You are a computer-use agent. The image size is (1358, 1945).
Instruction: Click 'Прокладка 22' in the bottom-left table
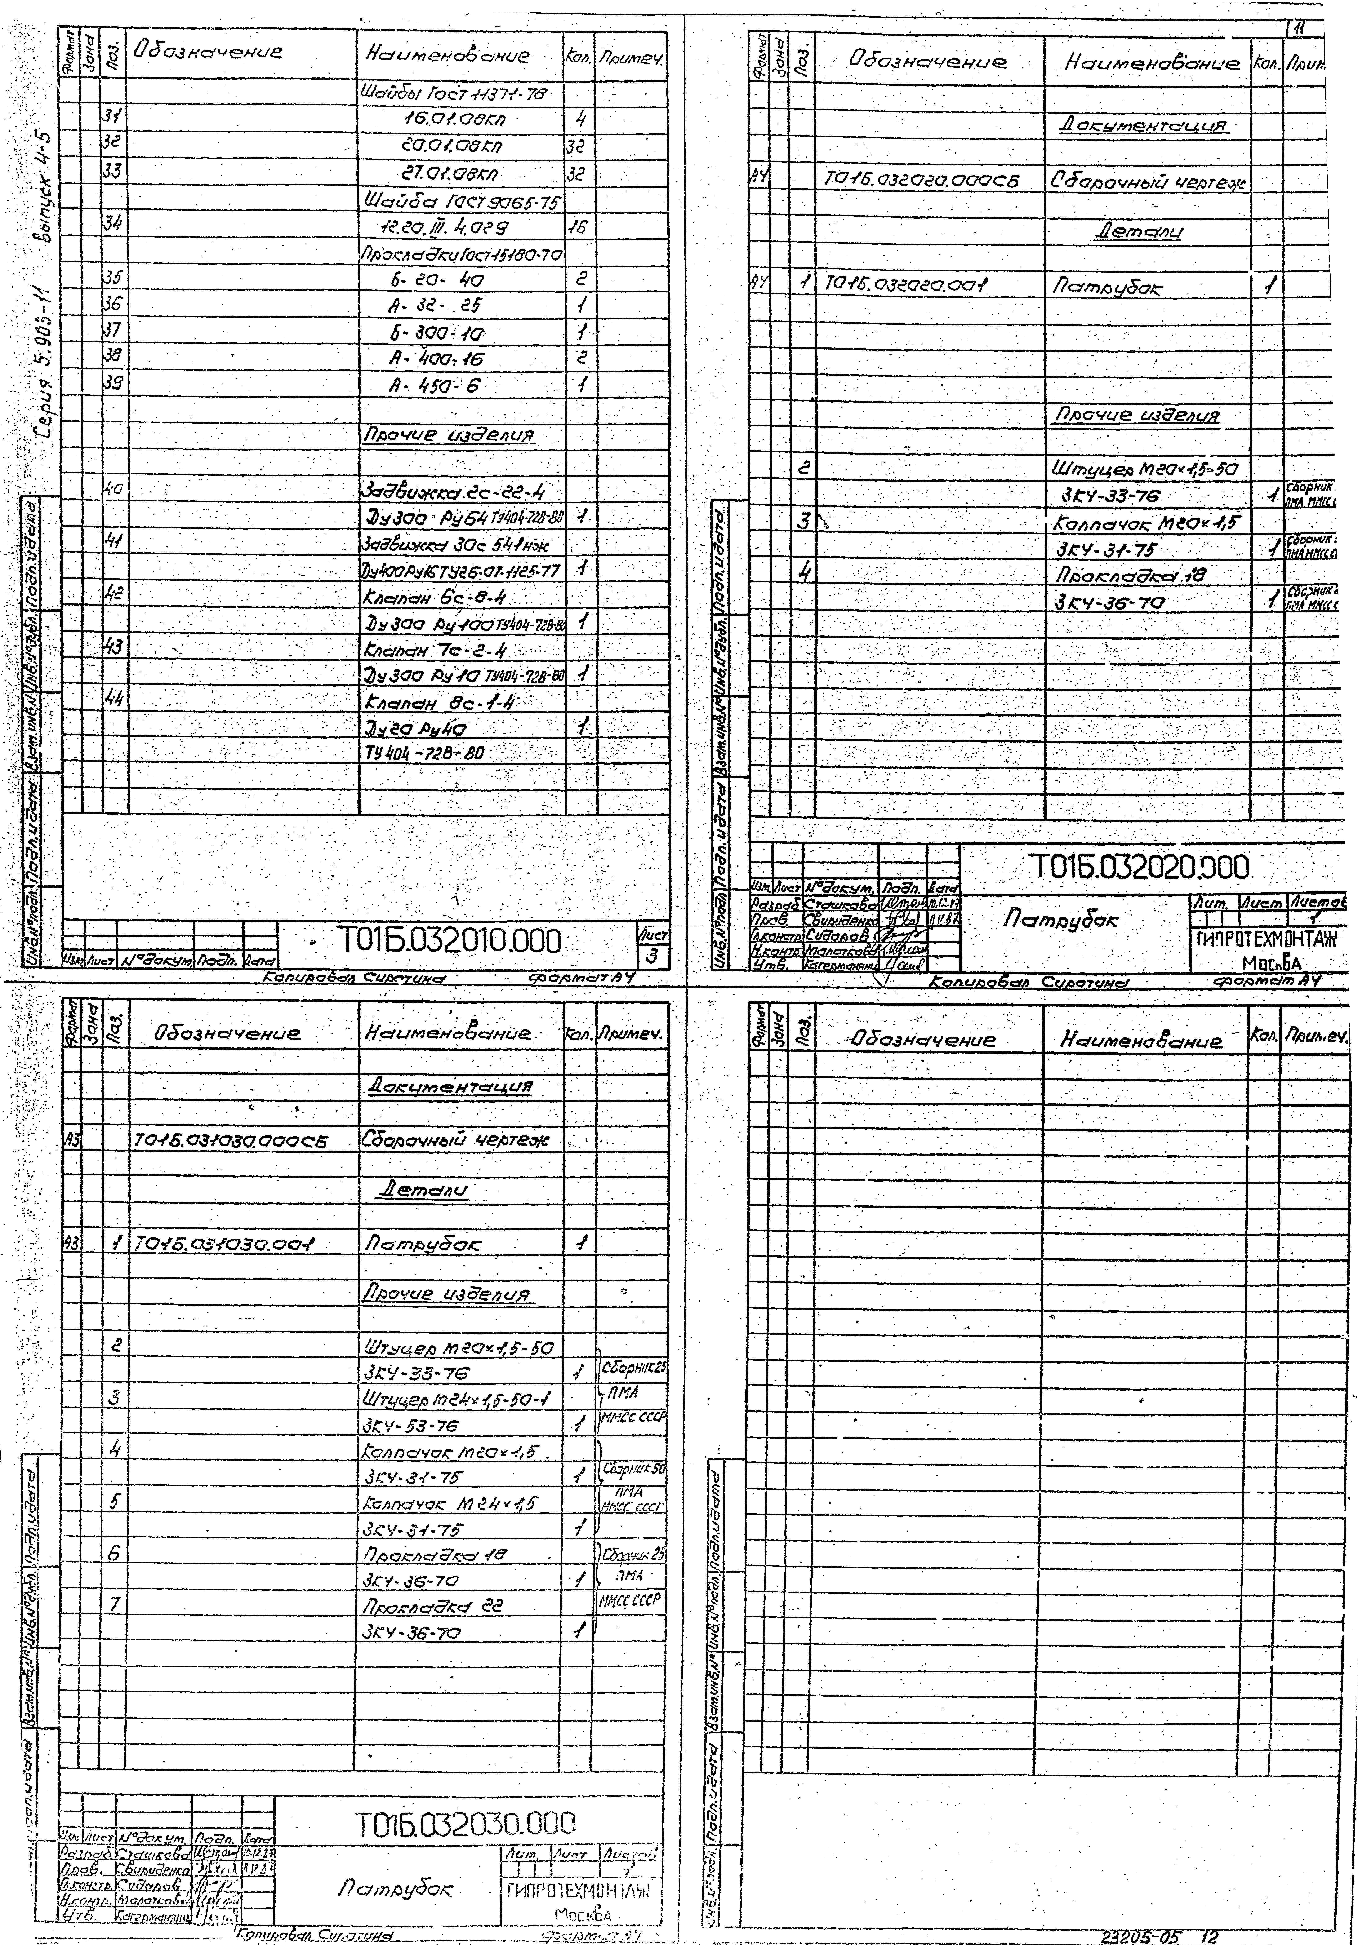point(432,1606)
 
